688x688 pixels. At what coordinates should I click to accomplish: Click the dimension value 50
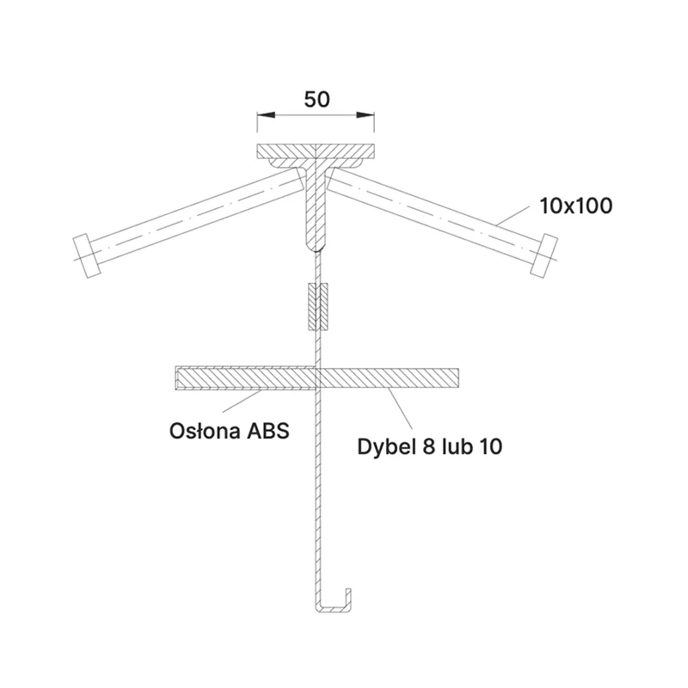click(316, 99)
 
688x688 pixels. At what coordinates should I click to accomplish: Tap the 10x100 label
click(575, 206)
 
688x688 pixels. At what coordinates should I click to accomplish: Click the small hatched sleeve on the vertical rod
click(318, 307)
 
